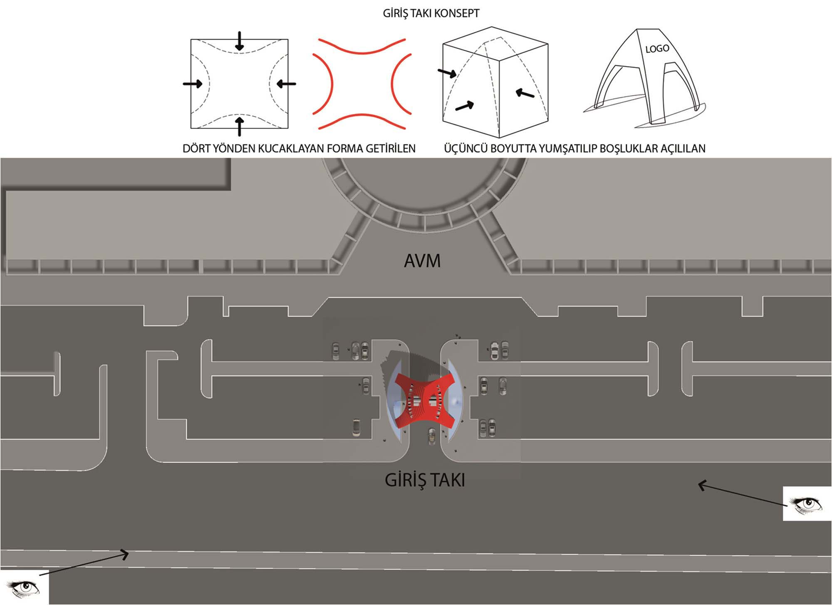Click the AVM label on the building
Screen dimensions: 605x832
click(x=422, y=261)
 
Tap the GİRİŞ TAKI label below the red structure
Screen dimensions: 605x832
click(x=425, y=480)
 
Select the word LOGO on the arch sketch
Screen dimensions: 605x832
click(x=657, y=49)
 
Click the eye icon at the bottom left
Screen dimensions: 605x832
click(x=25, y=587)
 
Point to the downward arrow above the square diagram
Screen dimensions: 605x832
click(x=240, y=41)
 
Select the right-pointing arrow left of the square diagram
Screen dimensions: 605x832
click(x=193, y=84)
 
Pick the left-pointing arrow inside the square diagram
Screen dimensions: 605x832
click(x=286, y=84)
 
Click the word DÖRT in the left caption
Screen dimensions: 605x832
click(x=197, y=149)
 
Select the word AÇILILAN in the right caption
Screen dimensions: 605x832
click(x=682, y=149)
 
